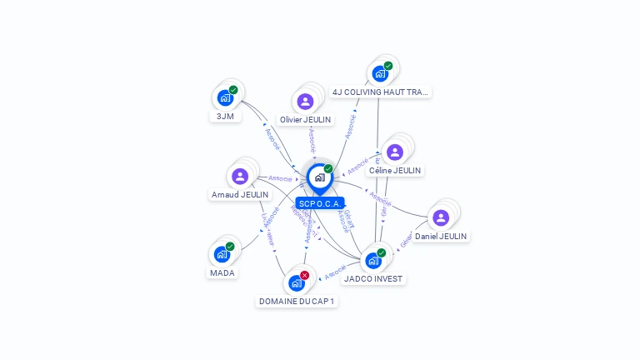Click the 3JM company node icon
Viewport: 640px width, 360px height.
(224, 97)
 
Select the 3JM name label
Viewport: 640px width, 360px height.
(224, 117)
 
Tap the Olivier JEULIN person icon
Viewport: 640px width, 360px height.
(305, 102)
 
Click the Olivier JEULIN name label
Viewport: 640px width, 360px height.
(305, 120)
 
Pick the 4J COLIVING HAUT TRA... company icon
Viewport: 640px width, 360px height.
(380, 73)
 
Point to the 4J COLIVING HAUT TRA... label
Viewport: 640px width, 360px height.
(380, 92)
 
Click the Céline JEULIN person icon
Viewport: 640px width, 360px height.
(395, 152)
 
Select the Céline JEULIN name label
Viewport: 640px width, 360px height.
(395, 170)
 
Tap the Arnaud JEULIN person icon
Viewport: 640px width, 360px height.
(240, 176)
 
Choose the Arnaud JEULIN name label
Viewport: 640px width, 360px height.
(240, 195)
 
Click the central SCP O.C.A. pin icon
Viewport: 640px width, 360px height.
(319, 177)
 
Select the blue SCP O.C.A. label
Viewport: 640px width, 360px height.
(319, 203)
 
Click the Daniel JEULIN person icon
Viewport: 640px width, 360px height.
(441, 217)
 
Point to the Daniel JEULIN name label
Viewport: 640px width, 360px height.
(441, 237)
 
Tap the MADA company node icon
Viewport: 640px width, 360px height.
(222, 254)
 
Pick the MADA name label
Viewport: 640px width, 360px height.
(222, 272)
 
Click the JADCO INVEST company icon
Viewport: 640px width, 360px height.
(373, 260)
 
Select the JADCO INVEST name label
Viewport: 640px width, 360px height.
(373, 279)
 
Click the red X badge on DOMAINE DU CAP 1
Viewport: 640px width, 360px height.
(305, 275)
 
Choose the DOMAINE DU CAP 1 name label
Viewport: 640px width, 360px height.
(297, 302)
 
